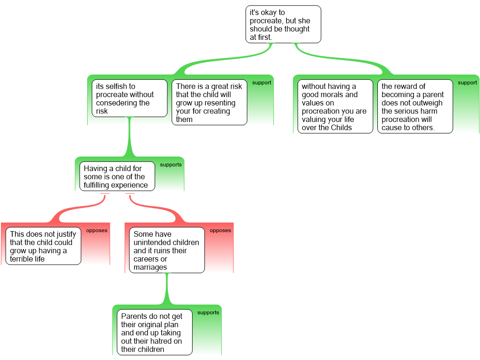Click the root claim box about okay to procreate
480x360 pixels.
tap(283, 24)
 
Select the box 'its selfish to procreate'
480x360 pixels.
tap(129, 98)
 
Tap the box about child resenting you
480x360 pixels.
tap(209, 103)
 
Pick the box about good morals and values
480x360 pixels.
tap(335, 106)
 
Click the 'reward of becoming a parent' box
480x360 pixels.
tap(415, 106)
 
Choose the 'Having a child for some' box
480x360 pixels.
tap(117, 177)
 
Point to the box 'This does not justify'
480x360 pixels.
tap(43, 246)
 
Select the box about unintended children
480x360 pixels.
tap(167, 250)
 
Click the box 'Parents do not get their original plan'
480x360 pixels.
tap(154, 332)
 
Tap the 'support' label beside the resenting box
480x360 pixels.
tap(262, 83)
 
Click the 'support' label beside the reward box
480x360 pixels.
tap(467, 83)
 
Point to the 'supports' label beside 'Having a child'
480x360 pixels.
tap(171, 165)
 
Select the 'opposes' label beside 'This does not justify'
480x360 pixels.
tap(97, 231)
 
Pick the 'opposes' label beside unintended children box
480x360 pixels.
tap(220, 231)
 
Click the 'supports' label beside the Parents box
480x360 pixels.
tap(208, 313)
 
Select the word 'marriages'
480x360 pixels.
tap(150, 267)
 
